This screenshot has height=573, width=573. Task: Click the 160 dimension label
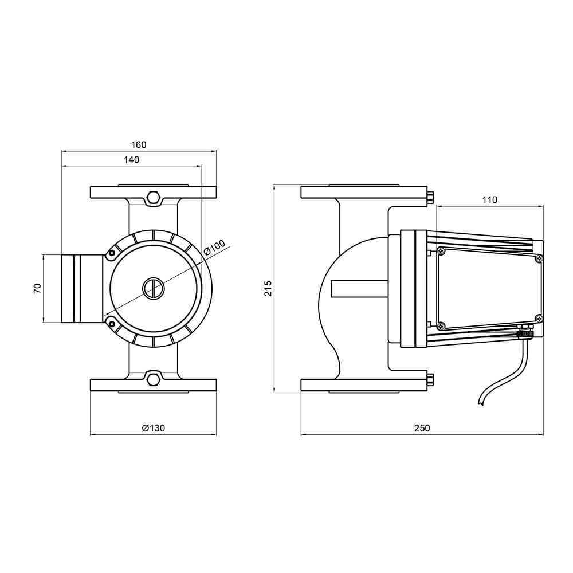tap(139, 145)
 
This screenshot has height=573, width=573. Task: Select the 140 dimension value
tap(132, 160)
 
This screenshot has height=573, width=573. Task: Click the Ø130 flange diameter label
tap(154, 428)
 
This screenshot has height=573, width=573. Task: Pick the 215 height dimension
tap(268, 288)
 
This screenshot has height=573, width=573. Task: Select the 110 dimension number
tap(490, 200)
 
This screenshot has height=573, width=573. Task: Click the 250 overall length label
tap(422, 428)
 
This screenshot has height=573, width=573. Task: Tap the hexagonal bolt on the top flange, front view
tap(153, 198)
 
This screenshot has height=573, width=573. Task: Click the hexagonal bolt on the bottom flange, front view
tap(153, 379)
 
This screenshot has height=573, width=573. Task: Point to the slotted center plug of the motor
tap(154, 289)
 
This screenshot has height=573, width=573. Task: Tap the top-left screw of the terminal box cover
tap(441, 251)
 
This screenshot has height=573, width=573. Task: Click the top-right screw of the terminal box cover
tap(539, 258)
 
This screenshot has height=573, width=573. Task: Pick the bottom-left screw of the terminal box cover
tap(441, 325)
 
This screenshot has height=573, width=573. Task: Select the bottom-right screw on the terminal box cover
tap(539, 319)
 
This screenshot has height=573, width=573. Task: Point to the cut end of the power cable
tap(481, 403)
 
